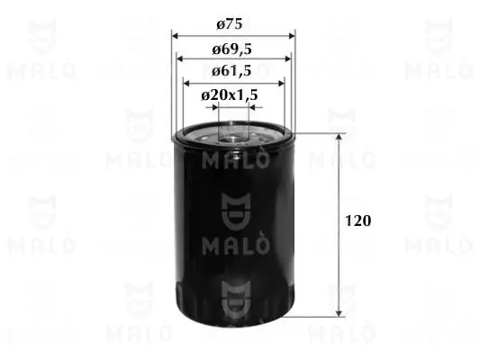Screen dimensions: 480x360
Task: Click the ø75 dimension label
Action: coord(230,24)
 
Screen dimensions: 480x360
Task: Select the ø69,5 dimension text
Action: coord(231,49)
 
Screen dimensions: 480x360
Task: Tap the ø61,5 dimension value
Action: coord(231,71)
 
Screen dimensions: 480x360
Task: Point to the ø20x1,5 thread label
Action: coord(230,95)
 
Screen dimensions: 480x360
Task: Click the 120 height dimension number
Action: coord(358,220)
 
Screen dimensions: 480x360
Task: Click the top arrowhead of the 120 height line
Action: coord(339,137)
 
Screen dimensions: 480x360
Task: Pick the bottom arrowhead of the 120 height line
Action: coord(339,313)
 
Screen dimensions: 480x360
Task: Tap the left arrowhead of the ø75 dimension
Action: coord(175,36)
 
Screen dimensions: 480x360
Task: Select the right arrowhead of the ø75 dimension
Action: coord(292,36)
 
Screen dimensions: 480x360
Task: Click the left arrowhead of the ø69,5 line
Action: coord(180,58)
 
